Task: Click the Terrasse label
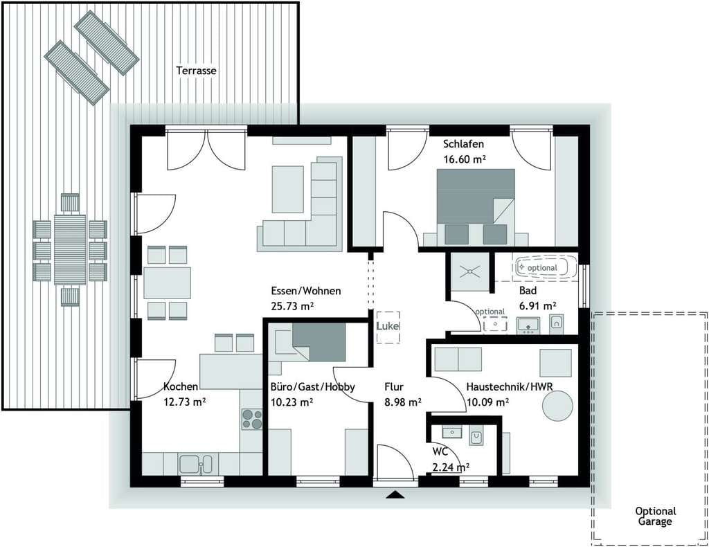click(x=196, y=71)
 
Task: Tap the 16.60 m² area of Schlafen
click(x=465, y=159)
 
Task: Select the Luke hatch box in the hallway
click(x=388, y=328)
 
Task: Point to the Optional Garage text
click(x=655, y=517)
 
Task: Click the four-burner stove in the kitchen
click(x=252, y=419)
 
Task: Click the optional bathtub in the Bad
click(x=547, y=267)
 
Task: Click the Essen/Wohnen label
click(x=305, y=291)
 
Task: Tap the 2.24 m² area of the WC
click(x=450, y=467)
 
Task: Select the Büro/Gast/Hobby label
click(x=312, y=387)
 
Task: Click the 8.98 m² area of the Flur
click(x=403, y=402)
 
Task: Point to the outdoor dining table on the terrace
click(x=70, y=249)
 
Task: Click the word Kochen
click(x=181, y=386)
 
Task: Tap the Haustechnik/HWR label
click(x=510, y=386)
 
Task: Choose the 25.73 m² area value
click(x=293, y=306)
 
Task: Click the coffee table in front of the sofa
click(x=287, y=189)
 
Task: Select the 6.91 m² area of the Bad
click(x=537, y=306)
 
